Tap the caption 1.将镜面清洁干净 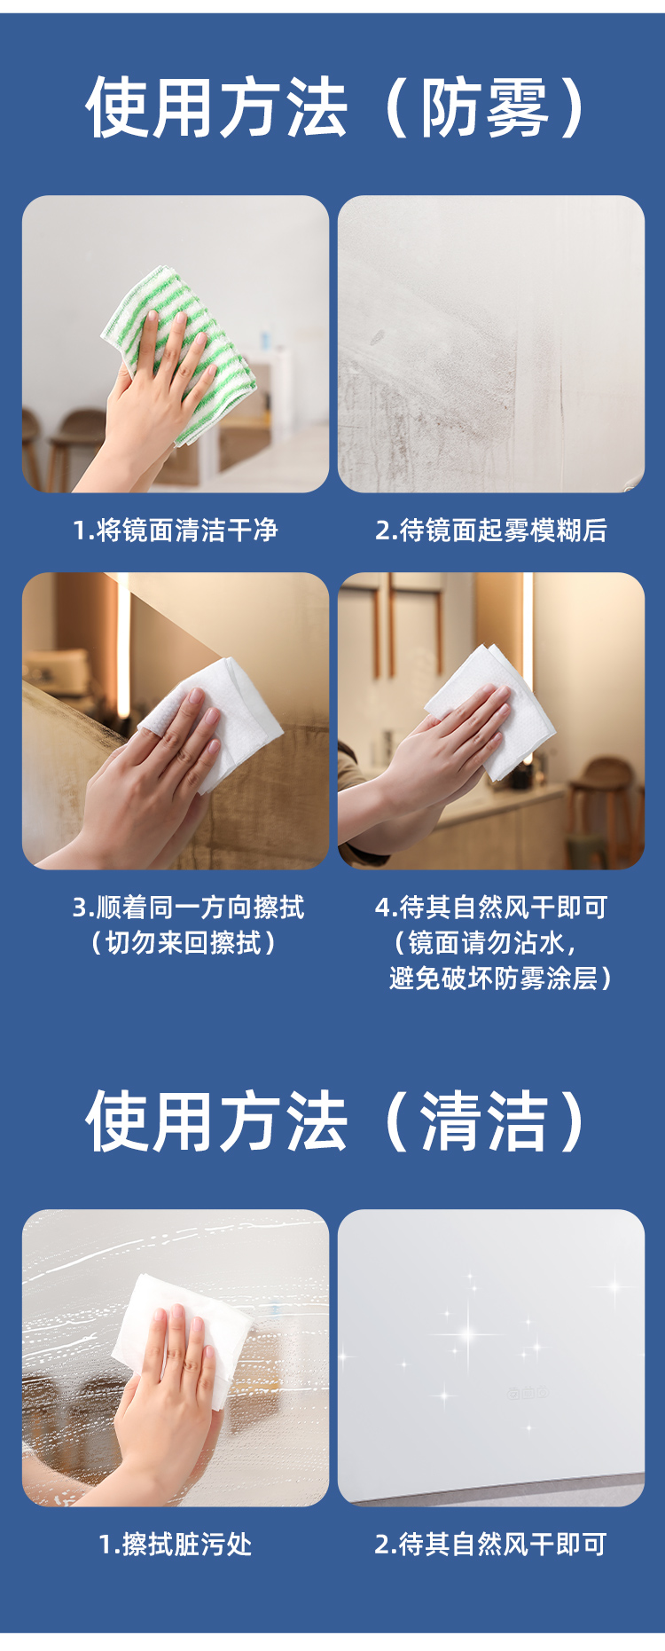coord(176,531)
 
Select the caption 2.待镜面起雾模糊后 coord(491,531)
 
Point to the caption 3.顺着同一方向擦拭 coord(188,908)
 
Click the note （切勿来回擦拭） coord(184,943)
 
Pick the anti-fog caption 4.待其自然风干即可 coord(491,908)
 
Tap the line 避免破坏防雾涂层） coord(501,979)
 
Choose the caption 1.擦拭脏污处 coord(176,1545)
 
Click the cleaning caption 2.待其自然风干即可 coord(491,1545)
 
